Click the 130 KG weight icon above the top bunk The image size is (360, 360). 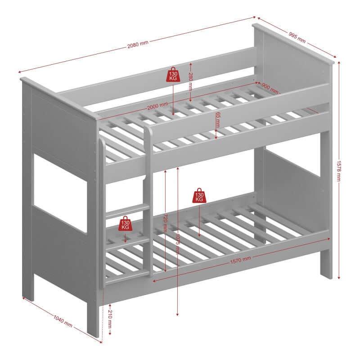pyautogui.click(x=173, y=74)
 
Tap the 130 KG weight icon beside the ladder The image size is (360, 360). pyautogui.click(x=125, y=224)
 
